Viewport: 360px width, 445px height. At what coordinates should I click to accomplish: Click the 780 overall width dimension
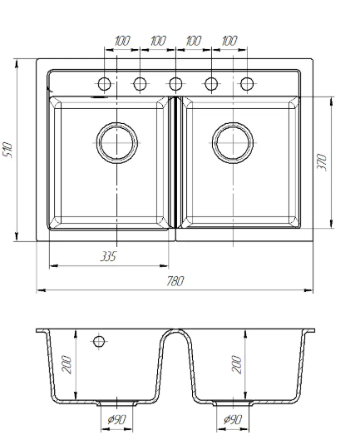coord(175,281)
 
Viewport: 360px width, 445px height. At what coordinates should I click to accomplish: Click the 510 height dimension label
coord(7,150)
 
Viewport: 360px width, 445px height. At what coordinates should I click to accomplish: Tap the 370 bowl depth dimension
coord(322,162)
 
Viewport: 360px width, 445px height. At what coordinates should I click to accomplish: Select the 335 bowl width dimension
coord(108,256)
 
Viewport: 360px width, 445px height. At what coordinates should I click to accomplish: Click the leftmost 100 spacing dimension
coord(122,41)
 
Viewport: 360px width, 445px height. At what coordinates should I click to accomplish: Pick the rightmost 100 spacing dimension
coord(229,41)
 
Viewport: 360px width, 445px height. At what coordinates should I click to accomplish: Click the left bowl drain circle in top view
coord(117,143)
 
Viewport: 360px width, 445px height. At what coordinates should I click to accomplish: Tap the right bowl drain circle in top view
coord(233,143)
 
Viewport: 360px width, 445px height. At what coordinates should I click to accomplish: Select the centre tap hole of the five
coord(175,84)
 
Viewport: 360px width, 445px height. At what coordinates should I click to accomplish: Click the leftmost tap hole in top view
coord(105,84)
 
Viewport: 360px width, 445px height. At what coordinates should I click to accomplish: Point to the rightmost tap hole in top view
coord(247,84)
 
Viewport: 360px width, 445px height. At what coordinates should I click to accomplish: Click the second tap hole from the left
coord(140,84)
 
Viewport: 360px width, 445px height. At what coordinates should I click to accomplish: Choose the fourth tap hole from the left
coord(211,84)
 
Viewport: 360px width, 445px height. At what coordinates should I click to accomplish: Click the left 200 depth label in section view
coord(67,364)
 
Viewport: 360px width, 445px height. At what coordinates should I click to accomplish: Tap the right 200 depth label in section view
coord(237,364)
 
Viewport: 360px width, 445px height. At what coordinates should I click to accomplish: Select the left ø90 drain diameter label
coord(116,419)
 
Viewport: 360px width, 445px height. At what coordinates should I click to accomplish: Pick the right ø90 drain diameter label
coord(233,419)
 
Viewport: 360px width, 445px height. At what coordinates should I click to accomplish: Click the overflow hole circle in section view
coord(99,341)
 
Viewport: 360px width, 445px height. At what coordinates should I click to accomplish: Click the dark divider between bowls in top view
coord(175,162)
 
